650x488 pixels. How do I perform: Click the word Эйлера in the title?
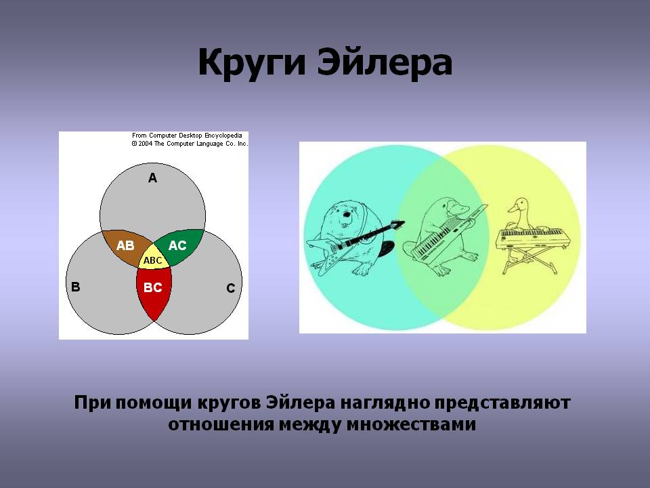(x=385, y=62)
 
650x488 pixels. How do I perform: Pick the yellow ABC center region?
(x=154, y=259)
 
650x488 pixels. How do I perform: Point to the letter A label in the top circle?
(x=152, y=178)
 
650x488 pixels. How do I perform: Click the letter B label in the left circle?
(x=75, y=287)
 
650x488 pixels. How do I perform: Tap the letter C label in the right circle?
(x=231, y=288)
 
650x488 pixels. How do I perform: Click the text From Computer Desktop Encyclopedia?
(x=187, y=136)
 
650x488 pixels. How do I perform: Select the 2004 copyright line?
(x=190, y=144)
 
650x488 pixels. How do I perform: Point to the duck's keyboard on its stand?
(x=531, y=239)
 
